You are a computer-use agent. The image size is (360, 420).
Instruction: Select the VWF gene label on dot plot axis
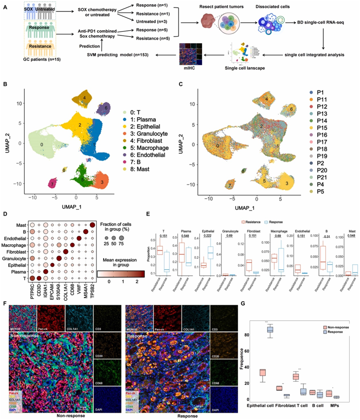(78, 291)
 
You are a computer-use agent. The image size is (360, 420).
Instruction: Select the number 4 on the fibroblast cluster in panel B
(84, 98)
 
